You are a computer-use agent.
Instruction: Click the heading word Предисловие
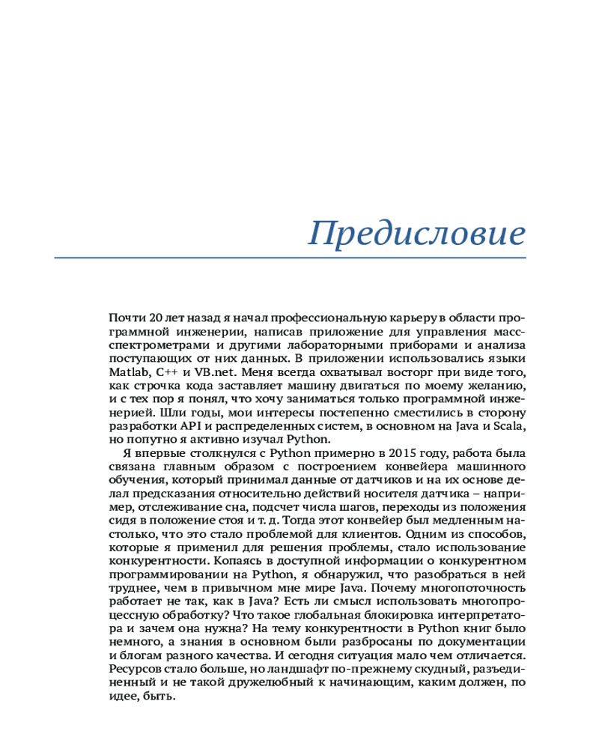[417, 233]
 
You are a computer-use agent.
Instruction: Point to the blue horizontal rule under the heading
[290, 258]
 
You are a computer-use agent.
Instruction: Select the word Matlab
[127, 372]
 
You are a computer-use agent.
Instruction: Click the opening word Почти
[125, 318]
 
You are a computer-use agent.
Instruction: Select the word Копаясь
[235, 560]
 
